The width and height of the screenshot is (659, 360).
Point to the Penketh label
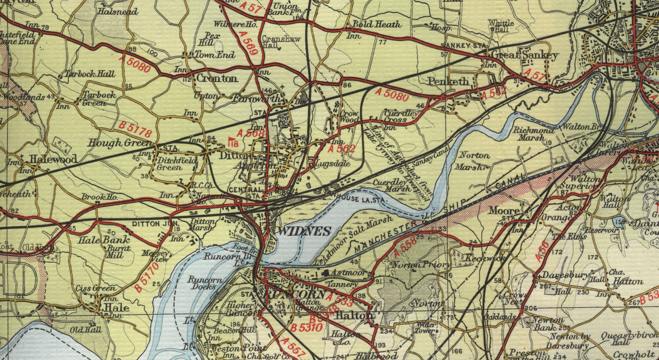[448, 81]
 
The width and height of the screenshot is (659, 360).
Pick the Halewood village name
[53, 159]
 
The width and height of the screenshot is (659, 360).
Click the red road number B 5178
[135, 130]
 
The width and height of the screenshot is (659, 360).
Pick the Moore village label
[504, 211]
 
